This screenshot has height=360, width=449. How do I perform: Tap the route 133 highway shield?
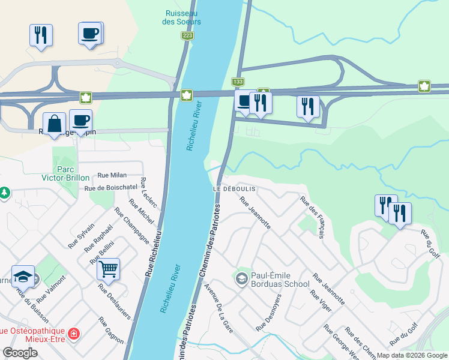[238, 82]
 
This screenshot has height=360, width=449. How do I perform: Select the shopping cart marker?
[109, 270]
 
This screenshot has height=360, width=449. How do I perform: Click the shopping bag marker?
[54, 123]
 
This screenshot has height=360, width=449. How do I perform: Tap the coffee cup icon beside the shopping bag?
[80, 119]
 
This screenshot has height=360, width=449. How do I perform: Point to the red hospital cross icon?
[74, 332]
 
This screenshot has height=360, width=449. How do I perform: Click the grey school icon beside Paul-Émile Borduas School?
[241, 278]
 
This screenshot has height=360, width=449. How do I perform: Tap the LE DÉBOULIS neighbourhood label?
[235, 188]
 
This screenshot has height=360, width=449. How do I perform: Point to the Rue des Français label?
[312, 218]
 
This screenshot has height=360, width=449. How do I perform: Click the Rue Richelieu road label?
[153, 253]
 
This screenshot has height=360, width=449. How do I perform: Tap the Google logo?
[20, 353]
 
